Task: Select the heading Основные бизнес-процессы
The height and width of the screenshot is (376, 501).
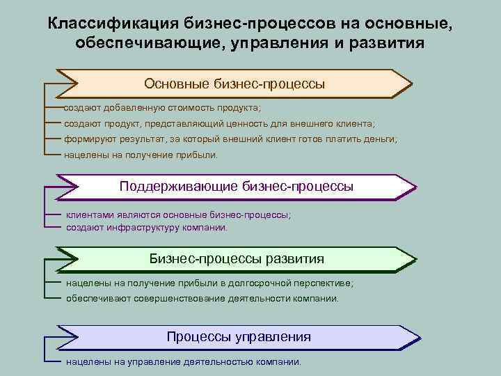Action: click(234, 84)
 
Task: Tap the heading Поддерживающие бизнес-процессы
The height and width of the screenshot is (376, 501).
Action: click(236, 186)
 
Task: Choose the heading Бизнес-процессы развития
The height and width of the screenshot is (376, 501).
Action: click(237, 259)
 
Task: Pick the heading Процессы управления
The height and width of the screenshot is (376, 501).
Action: click(238, 337)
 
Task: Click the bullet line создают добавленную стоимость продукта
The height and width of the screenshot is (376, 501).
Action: click(162, 109)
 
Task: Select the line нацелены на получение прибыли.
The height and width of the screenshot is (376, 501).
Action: click(141, 155)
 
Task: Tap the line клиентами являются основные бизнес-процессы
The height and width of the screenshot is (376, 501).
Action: click(178, 215)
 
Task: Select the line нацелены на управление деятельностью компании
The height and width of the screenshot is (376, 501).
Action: click(184, 362)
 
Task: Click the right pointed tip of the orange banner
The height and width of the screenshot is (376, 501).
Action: click(411, 84)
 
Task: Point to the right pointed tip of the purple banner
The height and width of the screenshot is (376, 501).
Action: click(415, 187)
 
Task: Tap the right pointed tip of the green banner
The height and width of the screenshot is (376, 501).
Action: click(415, 260)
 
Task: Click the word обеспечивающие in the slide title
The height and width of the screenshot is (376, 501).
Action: click(129, 43)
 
